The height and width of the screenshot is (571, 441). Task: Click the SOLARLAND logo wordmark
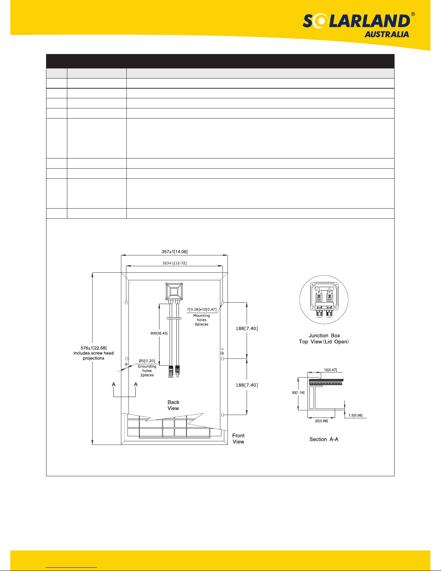[356, 21]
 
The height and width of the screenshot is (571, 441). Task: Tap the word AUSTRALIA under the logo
[387, 35]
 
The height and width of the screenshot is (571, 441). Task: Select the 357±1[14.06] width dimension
[175, 252]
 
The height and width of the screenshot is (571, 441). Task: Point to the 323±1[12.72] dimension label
[175, 263]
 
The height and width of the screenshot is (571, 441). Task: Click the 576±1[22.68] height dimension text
[94, 348]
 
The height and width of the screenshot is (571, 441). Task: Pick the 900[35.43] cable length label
[159, 333]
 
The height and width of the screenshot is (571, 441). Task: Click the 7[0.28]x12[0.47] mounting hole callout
[202, 309]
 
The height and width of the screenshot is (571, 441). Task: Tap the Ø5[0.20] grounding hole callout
[147, 361]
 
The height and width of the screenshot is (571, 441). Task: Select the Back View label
[173, 405]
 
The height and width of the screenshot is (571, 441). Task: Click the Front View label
[238, 438]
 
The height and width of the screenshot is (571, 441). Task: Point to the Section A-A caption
[324, 440]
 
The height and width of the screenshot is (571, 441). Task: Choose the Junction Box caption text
[324, 335]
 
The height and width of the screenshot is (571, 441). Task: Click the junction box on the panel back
[174, 291]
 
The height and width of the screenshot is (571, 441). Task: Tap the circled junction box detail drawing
[324, 300]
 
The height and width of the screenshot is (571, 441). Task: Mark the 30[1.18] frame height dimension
[298, 393]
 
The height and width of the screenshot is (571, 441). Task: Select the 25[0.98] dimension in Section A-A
[321, 421]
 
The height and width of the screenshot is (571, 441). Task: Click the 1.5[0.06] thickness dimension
[355, 415]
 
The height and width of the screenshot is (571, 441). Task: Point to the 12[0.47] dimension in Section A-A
[330, 370]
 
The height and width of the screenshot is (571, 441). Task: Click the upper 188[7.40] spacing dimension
[247, 329]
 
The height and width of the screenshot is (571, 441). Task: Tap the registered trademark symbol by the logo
[413, 14]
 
